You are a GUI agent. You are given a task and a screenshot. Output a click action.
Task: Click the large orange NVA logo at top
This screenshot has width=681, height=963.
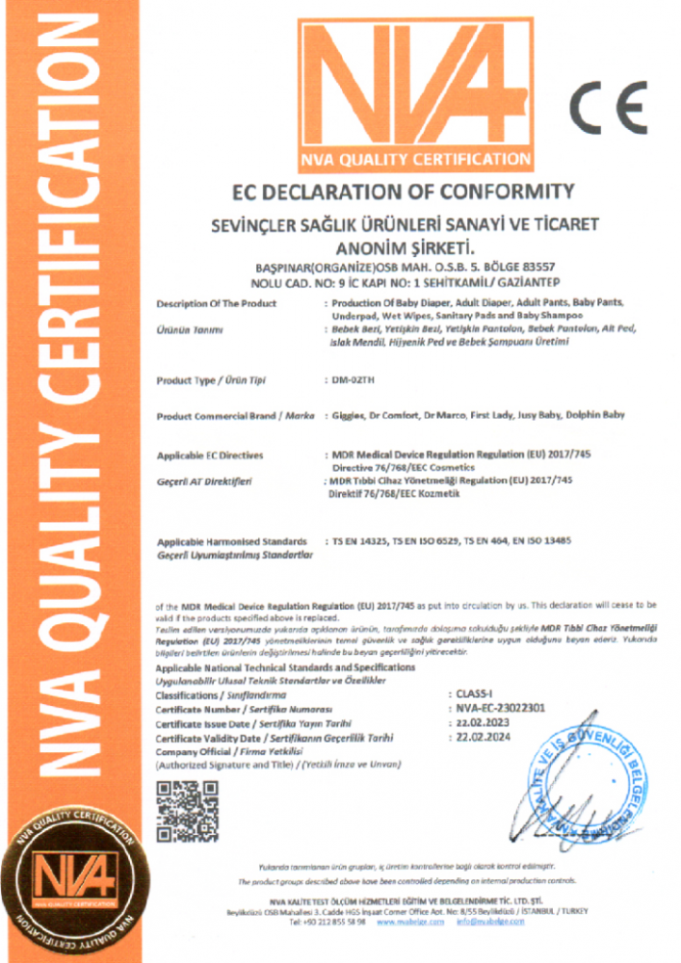tap(414, 92)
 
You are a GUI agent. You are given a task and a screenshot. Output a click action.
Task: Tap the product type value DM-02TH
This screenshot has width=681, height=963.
tap(354, 381)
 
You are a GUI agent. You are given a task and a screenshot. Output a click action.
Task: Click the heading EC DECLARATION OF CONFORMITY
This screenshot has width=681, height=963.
tap(404, 191)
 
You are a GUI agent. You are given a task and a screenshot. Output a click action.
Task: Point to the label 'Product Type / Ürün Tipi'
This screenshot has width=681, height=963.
tap(212, 381)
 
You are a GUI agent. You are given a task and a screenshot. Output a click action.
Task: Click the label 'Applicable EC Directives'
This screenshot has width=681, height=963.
tap(210, 455)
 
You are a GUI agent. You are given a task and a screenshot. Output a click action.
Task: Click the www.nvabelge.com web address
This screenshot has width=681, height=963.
tap(410, 922)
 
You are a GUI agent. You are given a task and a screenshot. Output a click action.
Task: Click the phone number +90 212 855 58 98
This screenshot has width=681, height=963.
tap(327, 922)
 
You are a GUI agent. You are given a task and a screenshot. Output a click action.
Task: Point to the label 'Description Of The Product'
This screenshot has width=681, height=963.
tap(216, 303)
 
